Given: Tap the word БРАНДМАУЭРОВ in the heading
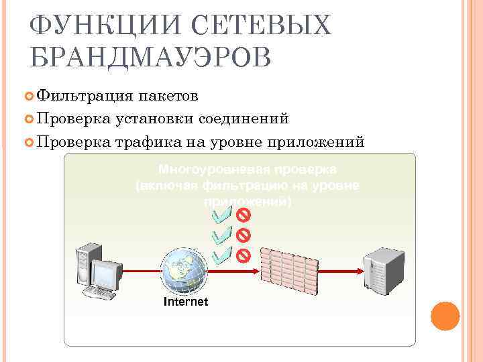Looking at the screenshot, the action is pyautogui.click(x=150, y=58).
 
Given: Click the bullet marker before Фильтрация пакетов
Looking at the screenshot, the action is pyautogui.click(x=30, y=97).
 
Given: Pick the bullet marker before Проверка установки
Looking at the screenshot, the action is pyautogui.click(x=30, y=119).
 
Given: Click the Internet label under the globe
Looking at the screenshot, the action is pyautogui.click(x=186, y=302).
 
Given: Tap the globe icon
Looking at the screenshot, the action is pyautogui.click(x=185, y=271).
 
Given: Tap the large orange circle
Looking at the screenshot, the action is pyautogui.click(x=444, y=316).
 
